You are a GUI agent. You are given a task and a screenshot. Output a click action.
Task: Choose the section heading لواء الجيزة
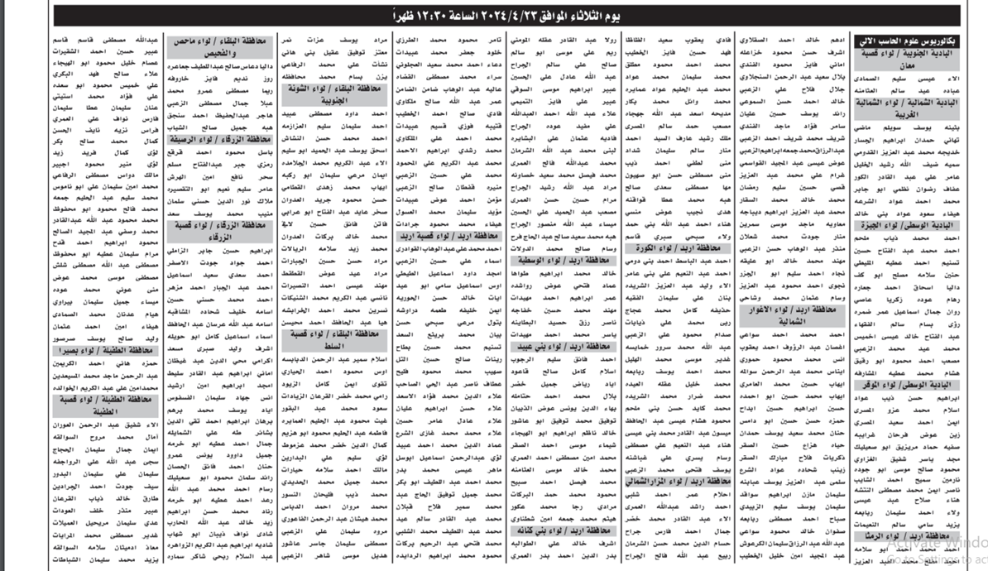tap(936, 224)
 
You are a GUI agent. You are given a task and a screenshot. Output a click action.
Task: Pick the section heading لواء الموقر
tap(936, 385)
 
